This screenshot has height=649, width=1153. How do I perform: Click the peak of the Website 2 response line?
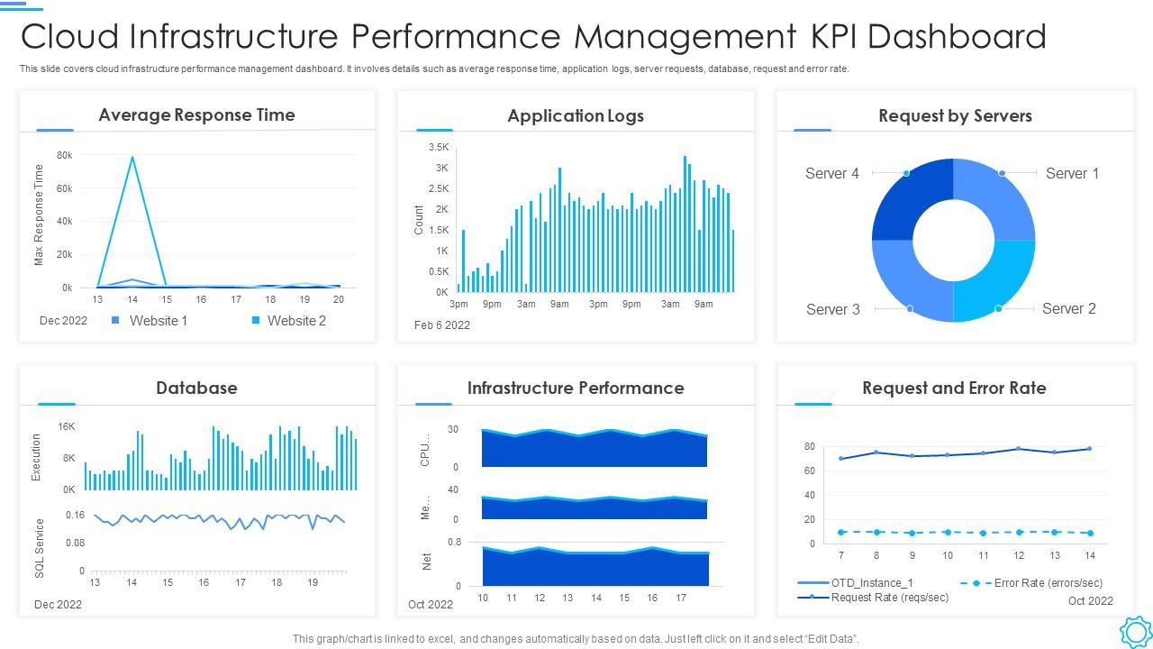pos(132,158)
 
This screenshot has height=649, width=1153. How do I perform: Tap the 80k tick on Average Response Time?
pos(64,155)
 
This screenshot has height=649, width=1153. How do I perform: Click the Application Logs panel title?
pos(576,115)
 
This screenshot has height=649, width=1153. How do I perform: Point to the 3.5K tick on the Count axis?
pos(439,147)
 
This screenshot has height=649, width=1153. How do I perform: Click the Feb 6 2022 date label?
pos(441,325)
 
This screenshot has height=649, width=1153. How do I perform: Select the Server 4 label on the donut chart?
pos(831,173)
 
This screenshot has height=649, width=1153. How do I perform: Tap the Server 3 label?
pos(832,309)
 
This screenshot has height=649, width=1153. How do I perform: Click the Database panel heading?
pos(196,388)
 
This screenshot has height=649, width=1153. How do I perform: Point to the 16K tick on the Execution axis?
pos(67,426)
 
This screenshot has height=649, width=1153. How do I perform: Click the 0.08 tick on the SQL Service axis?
pos(75,543)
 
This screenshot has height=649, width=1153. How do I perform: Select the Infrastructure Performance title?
pos(576,388)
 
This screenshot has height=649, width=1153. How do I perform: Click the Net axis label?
pos(427,562)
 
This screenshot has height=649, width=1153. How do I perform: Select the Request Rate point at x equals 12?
pos(1019,449)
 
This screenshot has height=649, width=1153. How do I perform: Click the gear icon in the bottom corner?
pos(1135,631)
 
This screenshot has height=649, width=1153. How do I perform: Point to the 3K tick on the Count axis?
pos(441,168)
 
